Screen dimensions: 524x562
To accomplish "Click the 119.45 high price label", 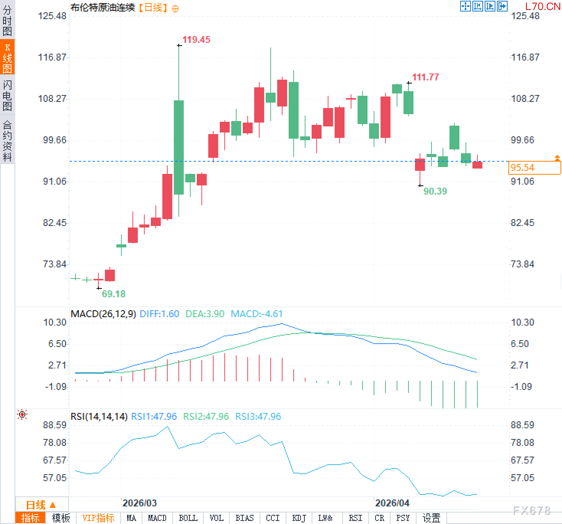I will tap(196, 40).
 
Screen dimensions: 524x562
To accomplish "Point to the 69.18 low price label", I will tap(114, 294).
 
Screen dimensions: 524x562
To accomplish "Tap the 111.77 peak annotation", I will tap(425, 77).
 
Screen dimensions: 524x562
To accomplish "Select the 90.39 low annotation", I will tap(435, 192).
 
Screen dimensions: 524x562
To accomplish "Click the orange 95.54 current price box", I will tap(534, 168).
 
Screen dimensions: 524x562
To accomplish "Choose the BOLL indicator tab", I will tap(188, 518).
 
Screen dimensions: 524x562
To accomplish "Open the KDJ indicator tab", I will tap(299, 518).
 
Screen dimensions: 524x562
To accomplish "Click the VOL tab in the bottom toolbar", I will tap(216, 518).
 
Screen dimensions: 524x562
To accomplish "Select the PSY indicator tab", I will tap(403, 518).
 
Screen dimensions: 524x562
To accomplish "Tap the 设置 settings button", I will tap(431, 518).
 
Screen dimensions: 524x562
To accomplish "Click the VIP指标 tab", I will tap(98, 518).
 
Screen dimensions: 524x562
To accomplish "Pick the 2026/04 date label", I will tap(392, 503).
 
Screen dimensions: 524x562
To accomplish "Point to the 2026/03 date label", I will tap(139, 503).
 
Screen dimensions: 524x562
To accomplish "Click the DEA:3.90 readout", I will tap(205, 314).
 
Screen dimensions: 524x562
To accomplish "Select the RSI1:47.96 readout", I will tap(154, 417).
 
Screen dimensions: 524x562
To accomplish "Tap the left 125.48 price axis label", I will tap(52, 16).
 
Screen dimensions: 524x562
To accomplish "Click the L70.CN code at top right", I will tap(542, 7).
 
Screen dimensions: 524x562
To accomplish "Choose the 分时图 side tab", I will tap(7, 21).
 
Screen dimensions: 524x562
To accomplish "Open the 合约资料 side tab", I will tap(7, 141).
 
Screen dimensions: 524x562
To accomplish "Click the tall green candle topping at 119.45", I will tap(179, 147).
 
